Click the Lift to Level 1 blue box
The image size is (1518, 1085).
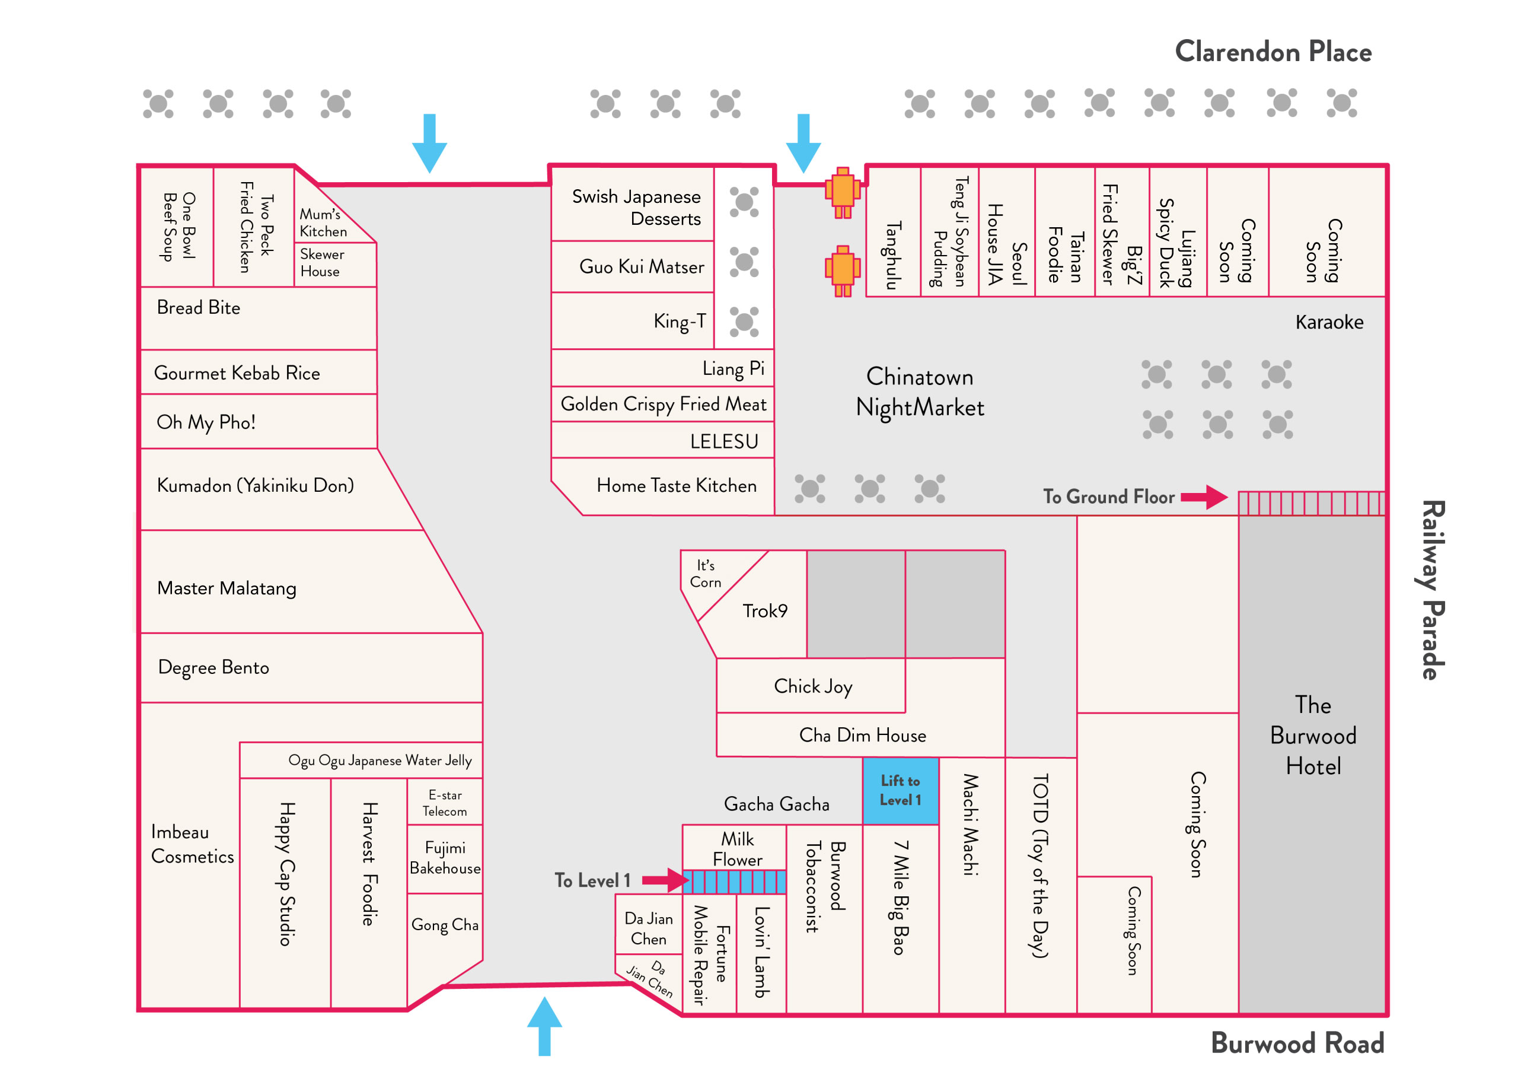pos(901,790)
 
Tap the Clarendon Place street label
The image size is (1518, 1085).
pos(1273,52)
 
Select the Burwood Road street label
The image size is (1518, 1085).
pos(1297,1043)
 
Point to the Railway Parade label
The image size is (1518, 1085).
pos(1430,590)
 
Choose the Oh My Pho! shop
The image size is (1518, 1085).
pos(259,422)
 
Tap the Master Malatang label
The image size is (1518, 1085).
pos(227,588)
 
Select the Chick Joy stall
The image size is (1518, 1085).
pos(811,686)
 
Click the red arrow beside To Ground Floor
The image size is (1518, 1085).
pos(1204,497)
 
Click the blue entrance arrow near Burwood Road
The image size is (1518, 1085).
pos(544,1026)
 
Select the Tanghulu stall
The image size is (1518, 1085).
pos(893,231)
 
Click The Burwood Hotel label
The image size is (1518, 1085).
pos(1313,735)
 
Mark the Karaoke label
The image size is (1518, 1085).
pos(1329,322)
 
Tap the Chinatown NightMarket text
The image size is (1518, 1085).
pos(920,392)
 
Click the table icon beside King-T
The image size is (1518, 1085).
pos(744,322)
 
